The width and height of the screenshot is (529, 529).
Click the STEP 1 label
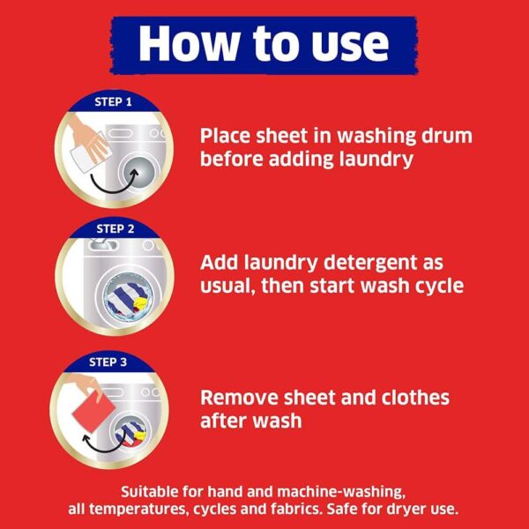pos(113,102)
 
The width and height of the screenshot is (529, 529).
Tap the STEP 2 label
pos(115,229)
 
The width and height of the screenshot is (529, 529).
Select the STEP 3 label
pos(108,362)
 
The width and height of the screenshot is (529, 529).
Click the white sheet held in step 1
pos(88,156)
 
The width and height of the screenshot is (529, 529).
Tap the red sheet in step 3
pos(93,414)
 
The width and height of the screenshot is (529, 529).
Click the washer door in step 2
pos(129,297)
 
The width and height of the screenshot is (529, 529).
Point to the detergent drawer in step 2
pos(102,244)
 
